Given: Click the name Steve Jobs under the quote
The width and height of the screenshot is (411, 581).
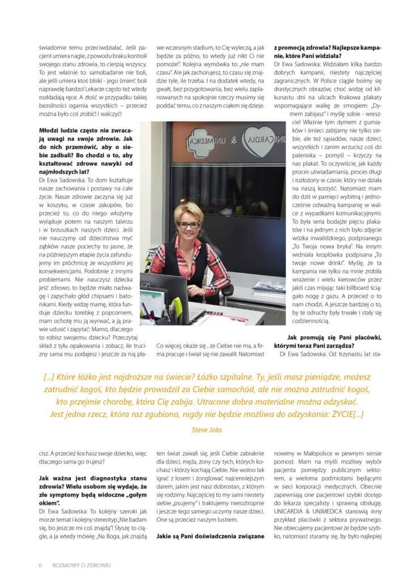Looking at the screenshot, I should click(205, 430).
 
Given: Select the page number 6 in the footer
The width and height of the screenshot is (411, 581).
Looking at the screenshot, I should click(40, 565).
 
